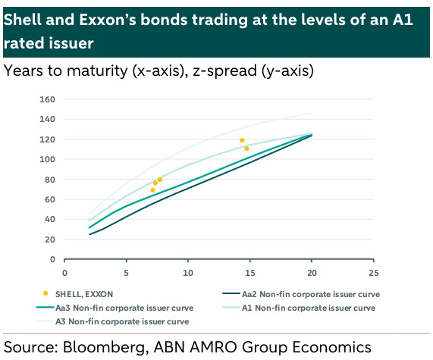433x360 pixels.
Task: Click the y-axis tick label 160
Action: pyautogui.click(x=47, y=99)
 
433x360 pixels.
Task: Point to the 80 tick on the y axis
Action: pyautogui.click(x=50, y=180)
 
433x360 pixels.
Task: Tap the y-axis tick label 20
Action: pyautogui.click(x=50, y=239)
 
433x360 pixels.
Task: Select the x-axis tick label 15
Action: pyautogui.click(x=249, y=273)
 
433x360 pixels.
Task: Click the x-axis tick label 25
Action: pyautogui.click(x=373, y=273)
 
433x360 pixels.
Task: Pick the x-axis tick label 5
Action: pyautogui.click(x=126, y=273)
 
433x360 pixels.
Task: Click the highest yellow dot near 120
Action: pyautogui.click(x=242, y=140)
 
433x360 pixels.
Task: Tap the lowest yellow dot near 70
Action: pyautogui.click(x=152, y=190)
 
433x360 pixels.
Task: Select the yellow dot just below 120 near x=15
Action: pyautogui.click(x=246, y=149)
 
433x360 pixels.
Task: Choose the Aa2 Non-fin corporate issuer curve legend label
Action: pyautogui.click(x=311, y=294)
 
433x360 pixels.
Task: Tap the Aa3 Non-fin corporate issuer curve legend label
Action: pyautogui.click(x=124, y=308)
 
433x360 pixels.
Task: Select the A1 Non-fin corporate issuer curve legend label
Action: pyautogui.click(x=309, y=308)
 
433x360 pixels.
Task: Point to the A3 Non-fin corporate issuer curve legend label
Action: pyautogui.click(x=122, y=321)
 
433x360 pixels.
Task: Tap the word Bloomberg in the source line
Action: pyautogui.click(x=104, y=348)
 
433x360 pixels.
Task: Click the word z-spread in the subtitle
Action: pyautogui.click(x=225, y=71)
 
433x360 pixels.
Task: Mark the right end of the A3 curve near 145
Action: pyautogui.click(x=312, y=113)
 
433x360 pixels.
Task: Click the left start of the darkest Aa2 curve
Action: pyautogui.click(x=89, y=235)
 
